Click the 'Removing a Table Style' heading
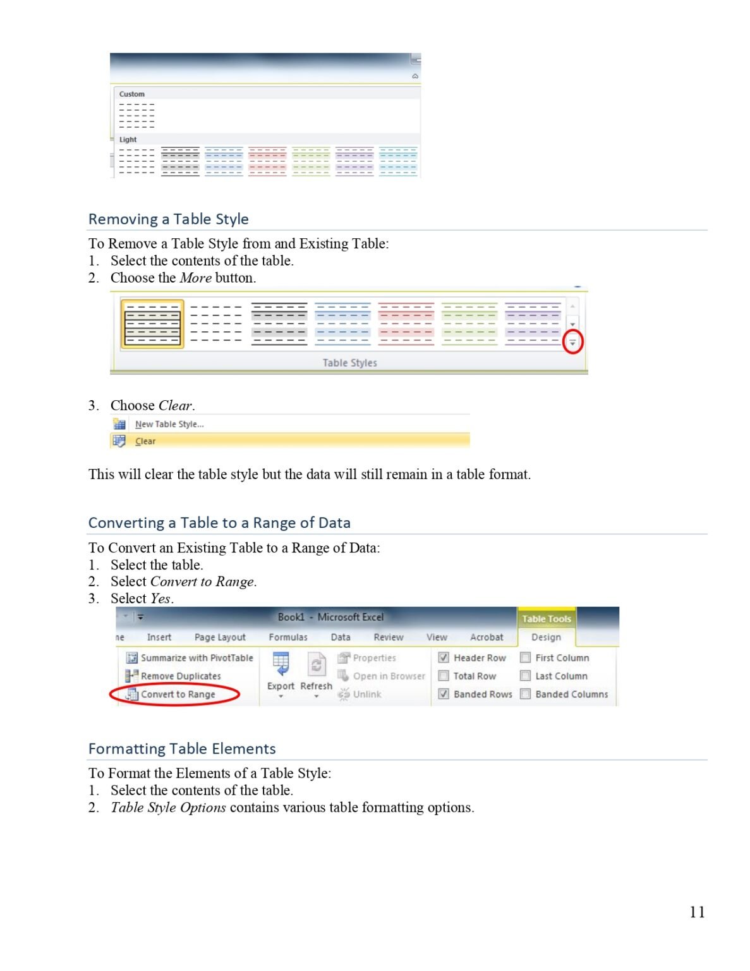[168, 219]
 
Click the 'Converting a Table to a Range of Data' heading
[219, 523]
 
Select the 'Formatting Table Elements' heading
[182, 748]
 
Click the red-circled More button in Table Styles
[572, 342]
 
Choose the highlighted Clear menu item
[145, 441]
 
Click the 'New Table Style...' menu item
[169, 424]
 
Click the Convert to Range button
[178, 694]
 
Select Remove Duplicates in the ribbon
[181, 676]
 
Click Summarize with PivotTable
[196, 657]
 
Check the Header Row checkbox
[444, 657]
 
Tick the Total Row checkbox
[444, 676]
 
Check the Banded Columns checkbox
[525, 694]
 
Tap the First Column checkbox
[525, 657]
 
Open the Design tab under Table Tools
[546, 637]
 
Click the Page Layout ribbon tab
[220, 637]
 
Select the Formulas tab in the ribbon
[288, 637]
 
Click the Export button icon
[281, 664]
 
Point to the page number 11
[697, 912]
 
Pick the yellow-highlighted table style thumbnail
[152, 324]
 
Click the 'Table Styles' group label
[349, 363]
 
